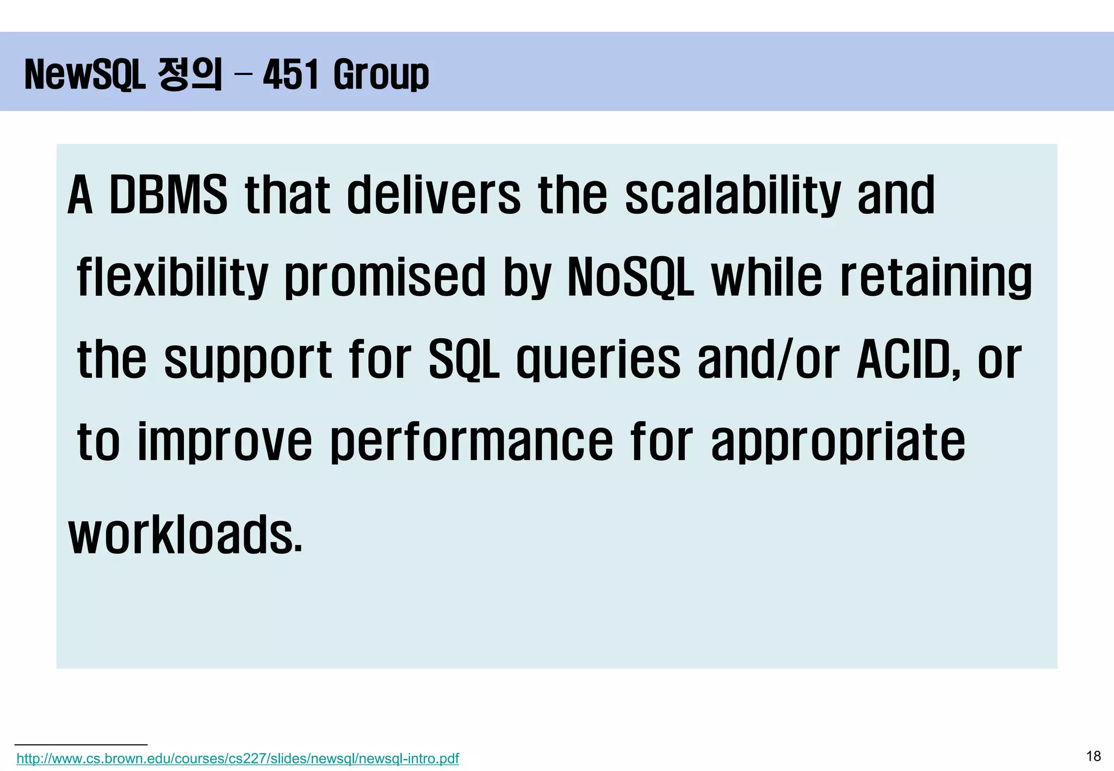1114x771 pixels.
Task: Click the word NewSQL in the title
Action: (85, 74)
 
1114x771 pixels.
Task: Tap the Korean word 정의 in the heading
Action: (190, 74)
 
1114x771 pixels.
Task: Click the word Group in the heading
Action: (381, 75)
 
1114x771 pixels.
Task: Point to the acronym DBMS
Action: (168, 195)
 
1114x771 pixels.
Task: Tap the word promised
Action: (385, 277)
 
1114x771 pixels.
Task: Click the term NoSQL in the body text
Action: (630, 277)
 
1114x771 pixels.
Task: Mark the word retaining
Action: (936, 277)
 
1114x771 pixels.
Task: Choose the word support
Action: (248, 360)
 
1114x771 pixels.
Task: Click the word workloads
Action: (185, 535)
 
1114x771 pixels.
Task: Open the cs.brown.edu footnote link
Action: (238, 758)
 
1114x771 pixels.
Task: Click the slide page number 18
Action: (1093, 756)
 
